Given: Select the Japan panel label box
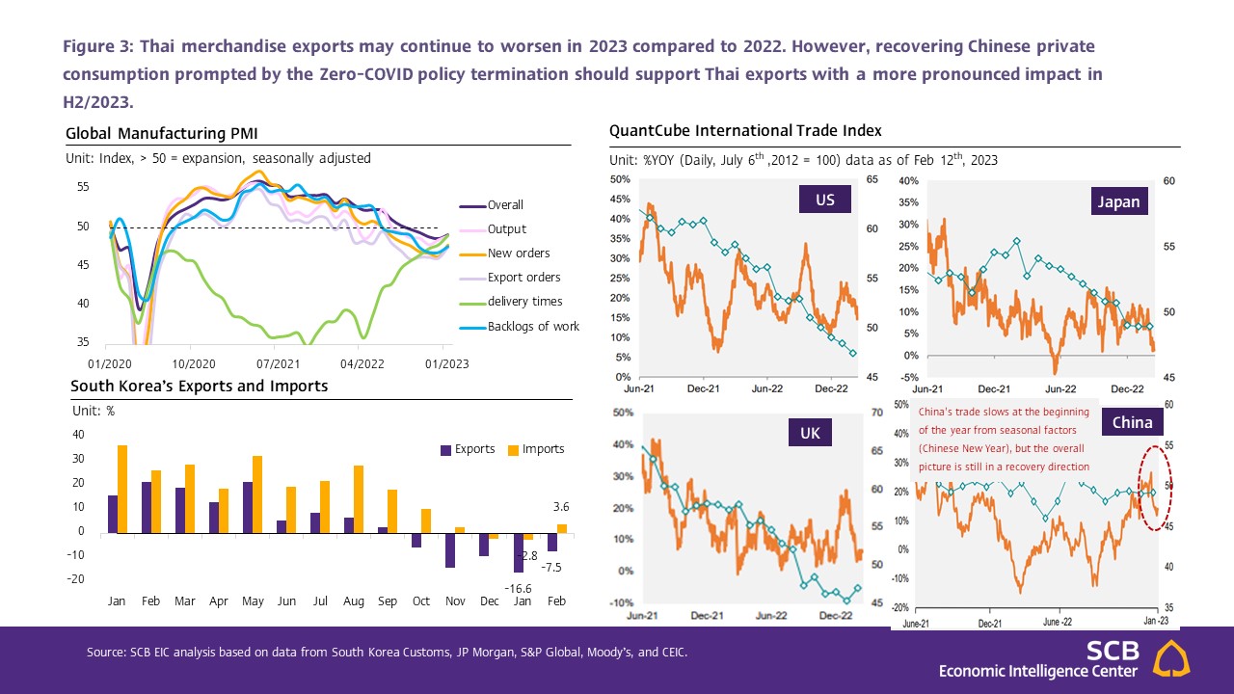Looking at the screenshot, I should click(x=1117, y=201).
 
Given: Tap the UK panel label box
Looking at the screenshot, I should click(x=809, y=433).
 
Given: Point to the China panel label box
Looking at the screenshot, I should click(x=1132, y=422).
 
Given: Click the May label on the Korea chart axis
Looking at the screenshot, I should click(x=253, y=601).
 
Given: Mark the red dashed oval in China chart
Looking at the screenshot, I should click(x=1154, y=488).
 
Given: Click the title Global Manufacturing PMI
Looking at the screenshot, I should click(x=162, y=133).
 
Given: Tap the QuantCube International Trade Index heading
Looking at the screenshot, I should click(x=745, y=130).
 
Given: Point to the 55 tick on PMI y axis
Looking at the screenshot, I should click(x=83, y=187).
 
